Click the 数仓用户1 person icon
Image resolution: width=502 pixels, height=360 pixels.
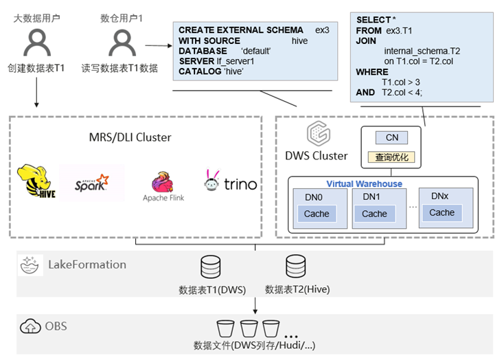(121, 42)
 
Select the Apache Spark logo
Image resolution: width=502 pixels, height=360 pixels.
(93, 183)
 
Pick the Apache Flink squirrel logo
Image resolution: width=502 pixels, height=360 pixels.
(163, 183)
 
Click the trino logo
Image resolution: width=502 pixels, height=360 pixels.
(230, 183)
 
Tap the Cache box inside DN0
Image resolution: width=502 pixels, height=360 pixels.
(317, 214)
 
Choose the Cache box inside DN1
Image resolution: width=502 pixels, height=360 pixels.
(374, 214)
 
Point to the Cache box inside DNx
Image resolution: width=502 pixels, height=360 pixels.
(442, 213)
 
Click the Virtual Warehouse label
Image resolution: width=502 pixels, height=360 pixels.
(364, 184)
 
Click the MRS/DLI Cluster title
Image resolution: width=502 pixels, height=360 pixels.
(135, 137)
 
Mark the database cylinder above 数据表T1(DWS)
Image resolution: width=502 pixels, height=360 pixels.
(209, 266)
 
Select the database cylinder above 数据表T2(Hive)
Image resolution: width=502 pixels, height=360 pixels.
(295, 266)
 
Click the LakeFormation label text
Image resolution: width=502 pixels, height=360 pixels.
(87, 265)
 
